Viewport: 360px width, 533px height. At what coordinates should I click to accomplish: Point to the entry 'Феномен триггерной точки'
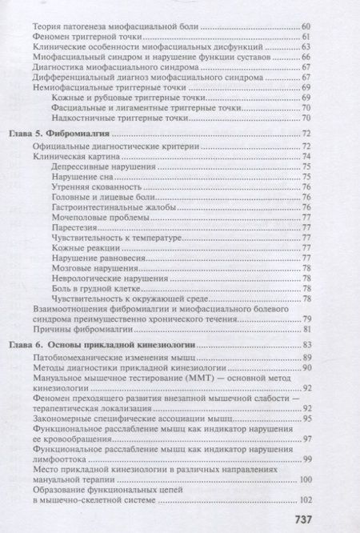(87, 38)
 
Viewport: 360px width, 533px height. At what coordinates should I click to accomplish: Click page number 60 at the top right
(306, 29)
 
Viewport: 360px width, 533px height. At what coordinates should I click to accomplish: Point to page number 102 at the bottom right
(303, 499)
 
